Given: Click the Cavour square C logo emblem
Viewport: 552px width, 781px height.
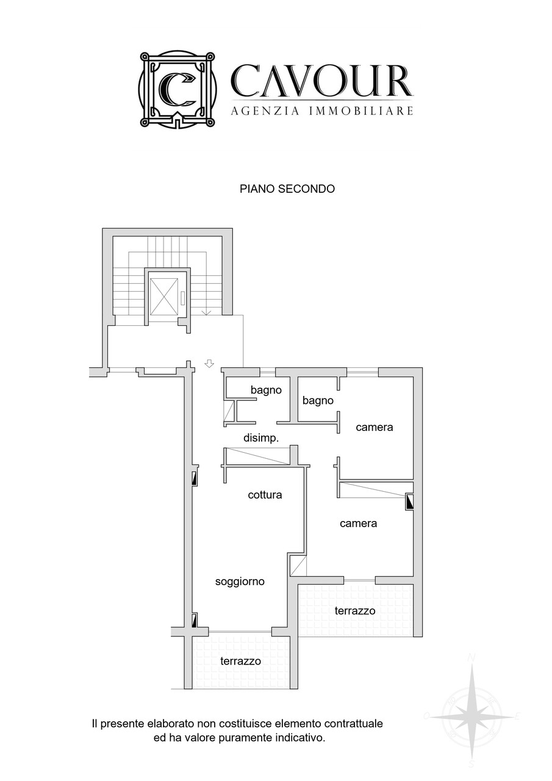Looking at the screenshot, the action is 177,89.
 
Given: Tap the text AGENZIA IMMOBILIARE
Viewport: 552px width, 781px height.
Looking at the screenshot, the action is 322,111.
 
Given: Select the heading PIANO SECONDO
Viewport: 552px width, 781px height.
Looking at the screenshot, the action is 287,189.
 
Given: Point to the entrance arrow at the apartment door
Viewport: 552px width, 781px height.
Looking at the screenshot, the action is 209,364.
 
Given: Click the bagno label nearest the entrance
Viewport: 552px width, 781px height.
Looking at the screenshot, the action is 266,390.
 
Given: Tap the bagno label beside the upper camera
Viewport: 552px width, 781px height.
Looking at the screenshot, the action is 318,401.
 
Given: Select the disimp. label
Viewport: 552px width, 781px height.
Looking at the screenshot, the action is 261,438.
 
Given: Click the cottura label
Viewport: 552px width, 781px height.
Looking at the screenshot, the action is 265,495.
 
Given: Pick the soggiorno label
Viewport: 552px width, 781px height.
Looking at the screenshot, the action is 240,581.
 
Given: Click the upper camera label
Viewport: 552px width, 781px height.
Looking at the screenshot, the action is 375,427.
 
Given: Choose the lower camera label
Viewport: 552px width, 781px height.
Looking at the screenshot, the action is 358,524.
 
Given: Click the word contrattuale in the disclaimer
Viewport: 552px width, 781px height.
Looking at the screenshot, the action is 354,724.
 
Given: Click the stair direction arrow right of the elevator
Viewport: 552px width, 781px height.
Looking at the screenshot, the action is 207,312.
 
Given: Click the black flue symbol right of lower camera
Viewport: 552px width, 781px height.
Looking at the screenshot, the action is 409,502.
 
